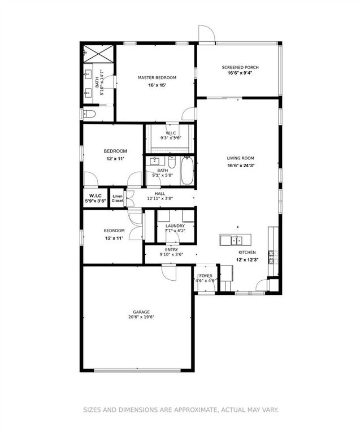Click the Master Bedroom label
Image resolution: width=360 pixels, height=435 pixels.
click(x=157, y=77)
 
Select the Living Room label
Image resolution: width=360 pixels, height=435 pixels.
click(x=241, y=158)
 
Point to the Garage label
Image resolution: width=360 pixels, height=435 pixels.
click(x=141, y=311)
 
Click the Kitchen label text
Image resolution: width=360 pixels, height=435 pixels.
click(x=247, y=252)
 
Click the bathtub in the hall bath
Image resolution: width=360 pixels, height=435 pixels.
click(x=188, y=171)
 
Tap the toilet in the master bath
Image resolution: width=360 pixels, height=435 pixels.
click(x=90, y=114)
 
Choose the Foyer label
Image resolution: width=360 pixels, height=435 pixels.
click(x=205, y=276)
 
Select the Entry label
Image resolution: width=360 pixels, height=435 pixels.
click(x=171, y=249)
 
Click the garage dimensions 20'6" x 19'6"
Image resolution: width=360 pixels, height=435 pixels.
click(x=141, y=317)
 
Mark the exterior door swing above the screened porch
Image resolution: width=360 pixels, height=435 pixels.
click(x=206, y=34)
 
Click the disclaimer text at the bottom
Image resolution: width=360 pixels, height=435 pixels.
click(x=181, y=410)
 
